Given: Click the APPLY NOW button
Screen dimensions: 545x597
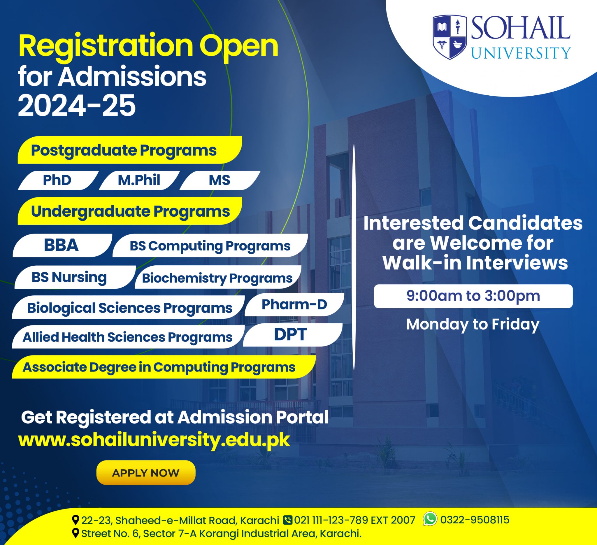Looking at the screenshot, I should pos(146,473).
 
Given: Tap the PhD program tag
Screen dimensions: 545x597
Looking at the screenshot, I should pos(57,180).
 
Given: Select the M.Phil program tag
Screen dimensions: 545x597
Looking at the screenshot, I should pos(139,180).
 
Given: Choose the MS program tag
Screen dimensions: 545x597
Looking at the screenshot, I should pos(220,180).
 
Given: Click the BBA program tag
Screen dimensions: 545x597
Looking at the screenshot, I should pos(61,245).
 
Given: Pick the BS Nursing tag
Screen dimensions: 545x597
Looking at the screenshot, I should pos(69,277).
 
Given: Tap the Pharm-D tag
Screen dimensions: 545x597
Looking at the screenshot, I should pos(294,304).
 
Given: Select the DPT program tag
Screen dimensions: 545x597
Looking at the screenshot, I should pos(291,335).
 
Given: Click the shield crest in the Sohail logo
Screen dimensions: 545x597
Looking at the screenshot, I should pos(449,37).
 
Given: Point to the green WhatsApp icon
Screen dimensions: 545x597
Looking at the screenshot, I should pos(430,519).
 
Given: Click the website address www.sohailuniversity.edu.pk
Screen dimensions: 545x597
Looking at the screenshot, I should pos(154,440).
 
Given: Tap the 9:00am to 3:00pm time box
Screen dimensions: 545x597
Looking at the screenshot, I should pos(473,296).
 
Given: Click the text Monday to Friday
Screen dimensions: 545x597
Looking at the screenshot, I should pos(473,324).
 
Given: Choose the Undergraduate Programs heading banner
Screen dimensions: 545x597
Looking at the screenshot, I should pos(130,211).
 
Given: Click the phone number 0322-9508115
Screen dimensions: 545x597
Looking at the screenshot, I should pos(474,520).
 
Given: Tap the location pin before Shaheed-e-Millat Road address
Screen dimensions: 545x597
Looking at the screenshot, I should pos(76,520).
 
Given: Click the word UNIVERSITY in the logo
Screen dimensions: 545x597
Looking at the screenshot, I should pos(521,53).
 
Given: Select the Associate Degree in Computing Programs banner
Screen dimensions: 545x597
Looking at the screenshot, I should pos(159,367).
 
